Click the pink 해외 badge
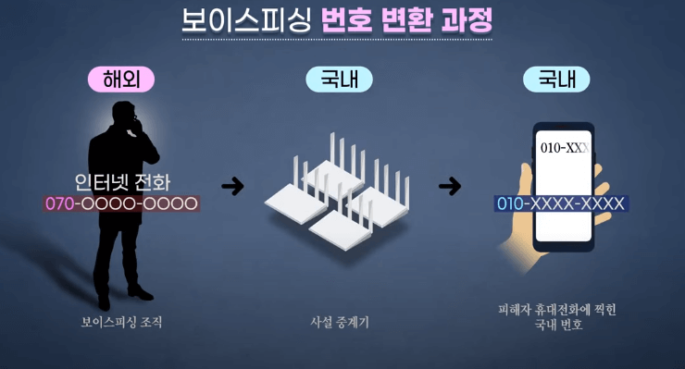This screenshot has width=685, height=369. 120,80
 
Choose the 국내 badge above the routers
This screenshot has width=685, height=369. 339,80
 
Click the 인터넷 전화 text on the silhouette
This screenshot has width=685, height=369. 122,182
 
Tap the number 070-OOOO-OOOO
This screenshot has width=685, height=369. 121,203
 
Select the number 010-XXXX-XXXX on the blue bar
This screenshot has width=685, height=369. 561,203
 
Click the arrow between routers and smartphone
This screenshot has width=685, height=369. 450,186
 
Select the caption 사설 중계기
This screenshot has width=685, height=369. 339,324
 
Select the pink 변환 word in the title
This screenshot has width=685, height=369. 404,20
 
